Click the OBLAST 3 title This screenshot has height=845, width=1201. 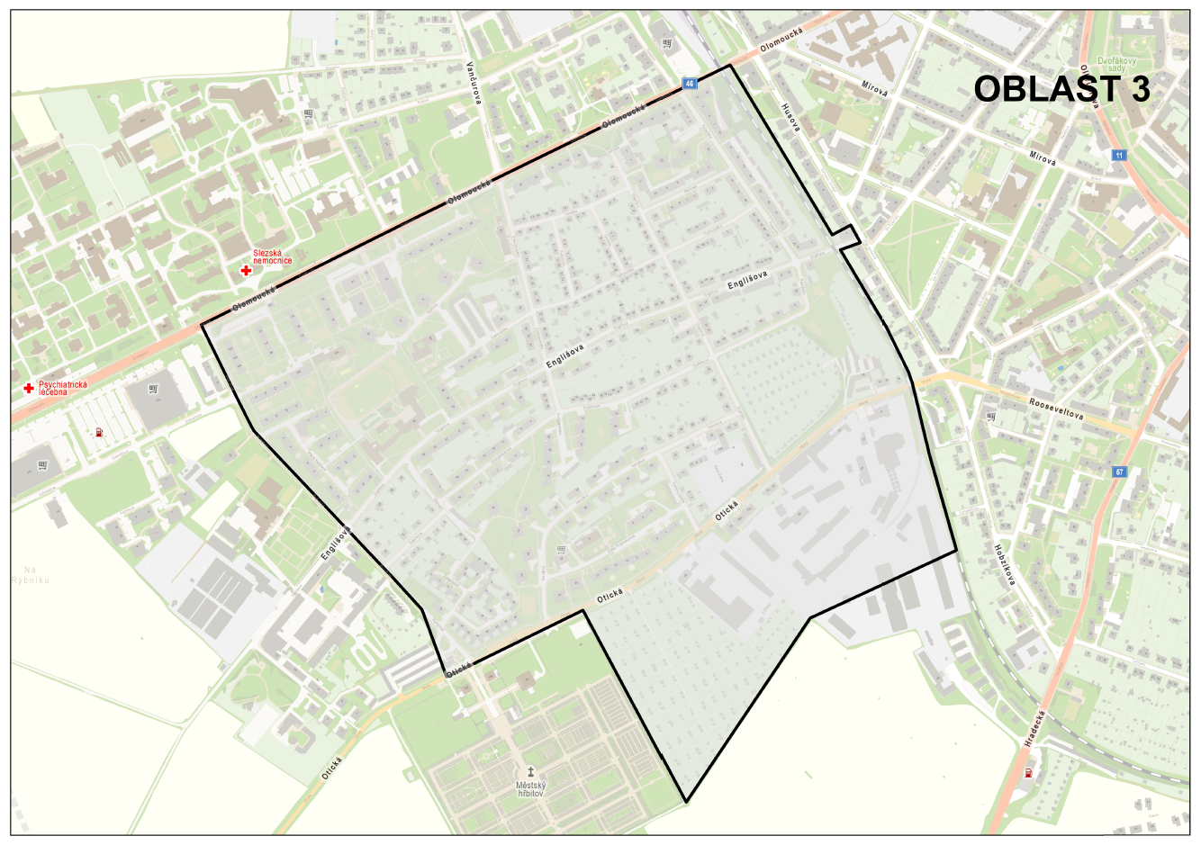[x=1061, y=89]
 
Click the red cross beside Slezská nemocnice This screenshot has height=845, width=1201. [x=246, y=270]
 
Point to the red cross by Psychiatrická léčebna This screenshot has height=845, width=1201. [x=29, y=388]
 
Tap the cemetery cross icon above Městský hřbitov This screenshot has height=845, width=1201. [x=531, y=771]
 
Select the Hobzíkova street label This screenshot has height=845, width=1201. [x=1006, y=564]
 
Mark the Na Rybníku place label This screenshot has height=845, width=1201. [x=31, y=575]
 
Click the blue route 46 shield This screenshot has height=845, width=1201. [x=690, y=84]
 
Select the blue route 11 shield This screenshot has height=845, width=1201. [x=1119, y=155]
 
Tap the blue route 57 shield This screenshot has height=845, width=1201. [x=1119, y=472]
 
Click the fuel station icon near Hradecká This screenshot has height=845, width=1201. [x=1027, y=773]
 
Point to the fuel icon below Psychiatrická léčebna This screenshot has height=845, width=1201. [x=99, y=431]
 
